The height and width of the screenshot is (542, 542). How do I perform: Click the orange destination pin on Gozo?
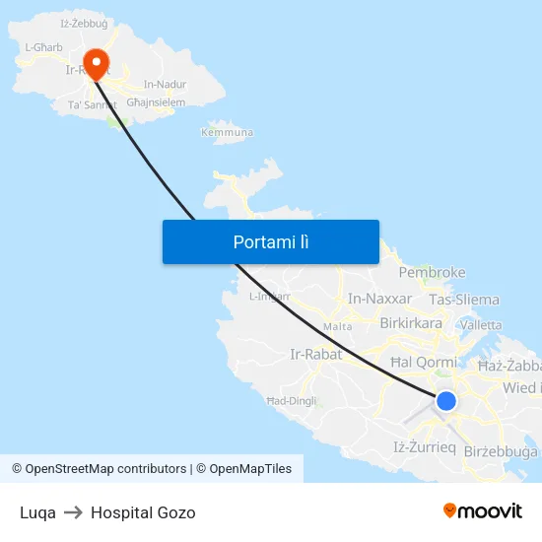tap(97, 62)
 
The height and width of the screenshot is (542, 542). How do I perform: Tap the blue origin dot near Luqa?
tap(446, 401)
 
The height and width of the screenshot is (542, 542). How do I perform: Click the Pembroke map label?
tap(432, 273)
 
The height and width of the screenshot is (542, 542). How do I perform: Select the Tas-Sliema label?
tap(464, 300)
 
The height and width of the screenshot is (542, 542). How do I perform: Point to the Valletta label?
tap(481, 325)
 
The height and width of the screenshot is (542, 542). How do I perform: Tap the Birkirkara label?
tap(411, 322)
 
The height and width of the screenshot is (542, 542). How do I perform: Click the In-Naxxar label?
tap(380, 299)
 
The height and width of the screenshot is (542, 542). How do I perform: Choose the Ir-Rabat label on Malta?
tap(315, 355)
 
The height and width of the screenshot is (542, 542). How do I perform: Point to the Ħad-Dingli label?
tap(291, 401)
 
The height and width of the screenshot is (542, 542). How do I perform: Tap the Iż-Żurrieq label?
tap(424, 447)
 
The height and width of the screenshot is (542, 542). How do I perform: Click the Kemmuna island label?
tap(227, 132)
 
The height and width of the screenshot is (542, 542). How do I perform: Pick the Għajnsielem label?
tap(156, 102)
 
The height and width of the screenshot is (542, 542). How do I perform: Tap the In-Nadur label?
tap(165, 85)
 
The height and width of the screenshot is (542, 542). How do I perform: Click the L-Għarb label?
tap(43, 47)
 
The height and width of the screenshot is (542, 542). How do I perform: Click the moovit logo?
tap(482, 510)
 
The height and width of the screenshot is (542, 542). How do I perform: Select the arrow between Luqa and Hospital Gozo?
tap(73, 512)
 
